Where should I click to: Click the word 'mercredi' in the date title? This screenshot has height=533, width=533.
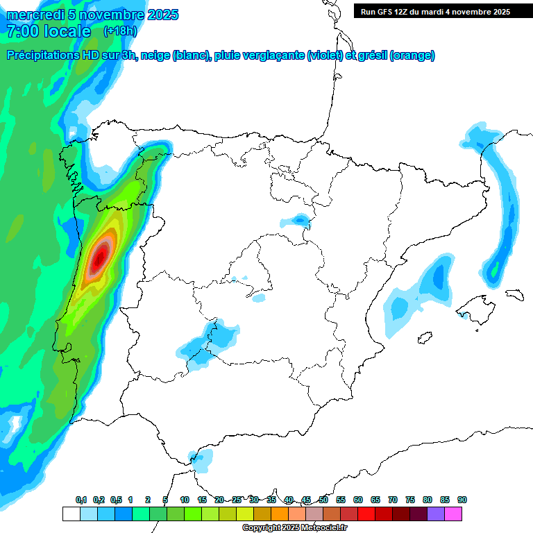click(x=31, y=15)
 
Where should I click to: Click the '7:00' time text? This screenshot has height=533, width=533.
click(x=22, y=31)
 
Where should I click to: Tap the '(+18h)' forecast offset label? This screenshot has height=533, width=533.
click(x=120, y=31)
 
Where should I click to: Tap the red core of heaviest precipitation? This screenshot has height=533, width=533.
click(x=101, y=256)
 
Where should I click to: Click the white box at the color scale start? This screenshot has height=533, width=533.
click(x=71, y=514)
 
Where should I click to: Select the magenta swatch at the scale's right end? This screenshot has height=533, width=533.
click(x=453, y=514)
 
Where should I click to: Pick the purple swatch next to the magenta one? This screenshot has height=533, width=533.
click(x=436, y=514)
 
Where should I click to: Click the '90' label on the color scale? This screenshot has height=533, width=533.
click(x=462, y=500)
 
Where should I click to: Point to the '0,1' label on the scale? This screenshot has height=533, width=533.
click(x=81, y=500)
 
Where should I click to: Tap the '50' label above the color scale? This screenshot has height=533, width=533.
click(x=323, y=500)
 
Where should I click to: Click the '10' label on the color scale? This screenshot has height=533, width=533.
click(x=185, y=500)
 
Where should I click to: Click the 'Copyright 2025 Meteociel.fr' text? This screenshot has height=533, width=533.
click(x=294, y=528)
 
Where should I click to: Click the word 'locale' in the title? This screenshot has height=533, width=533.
click(x=67, y=31)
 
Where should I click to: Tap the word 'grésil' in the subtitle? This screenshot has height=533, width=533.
click(x=372, y=56)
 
